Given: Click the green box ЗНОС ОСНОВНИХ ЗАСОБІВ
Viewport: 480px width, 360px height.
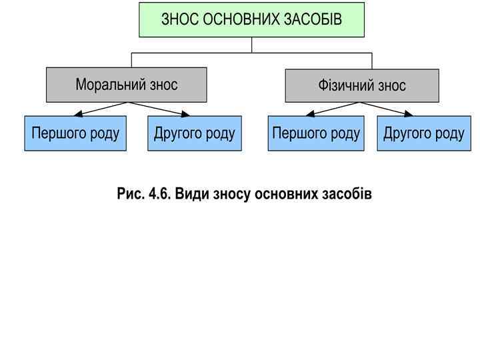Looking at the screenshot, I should click(x=251, y=19).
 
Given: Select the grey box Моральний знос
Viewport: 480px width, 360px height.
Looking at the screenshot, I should click(x=126, y=85).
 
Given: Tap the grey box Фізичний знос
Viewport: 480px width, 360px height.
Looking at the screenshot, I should click(x=362, y=86).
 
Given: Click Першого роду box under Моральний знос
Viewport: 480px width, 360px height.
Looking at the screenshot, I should click(x=75, y=133).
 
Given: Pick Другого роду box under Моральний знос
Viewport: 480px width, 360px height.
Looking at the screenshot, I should click(x=194, y=133).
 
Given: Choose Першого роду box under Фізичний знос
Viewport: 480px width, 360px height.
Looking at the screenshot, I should click(x=316, y=133).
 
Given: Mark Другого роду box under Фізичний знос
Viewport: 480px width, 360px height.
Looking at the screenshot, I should click(x=424, y=133).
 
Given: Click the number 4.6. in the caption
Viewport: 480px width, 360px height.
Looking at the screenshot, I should click(x=160, y=193).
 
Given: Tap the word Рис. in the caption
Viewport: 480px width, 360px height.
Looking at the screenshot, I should click(x=131, y=193).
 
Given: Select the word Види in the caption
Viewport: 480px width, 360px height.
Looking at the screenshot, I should click(x=191, y=193).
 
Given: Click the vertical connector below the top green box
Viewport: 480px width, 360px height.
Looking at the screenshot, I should click(x=252, y=45).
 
